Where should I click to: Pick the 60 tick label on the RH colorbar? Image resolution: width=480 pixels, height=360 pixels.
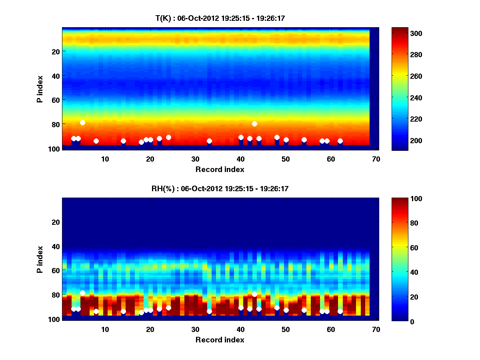click(411, 248)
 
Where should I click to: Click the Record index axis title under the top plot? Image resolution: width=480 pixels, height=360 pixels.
click(220, 170)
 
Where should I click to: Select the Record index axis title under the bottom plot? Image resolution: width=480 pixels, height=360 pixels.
click(220, 340)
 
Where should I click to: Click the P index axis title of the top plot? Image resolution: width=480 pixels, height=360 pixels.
click(40, 88)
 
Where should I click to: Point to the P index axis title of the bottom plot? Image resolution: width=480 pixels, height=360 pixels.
click(40, 259)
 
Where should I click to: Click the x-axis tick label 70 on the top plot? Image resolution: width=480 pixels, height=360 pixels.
click(376, 159)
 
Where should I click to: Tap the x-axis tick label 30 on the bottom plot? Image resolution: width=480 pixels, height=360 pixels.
click(195, 329)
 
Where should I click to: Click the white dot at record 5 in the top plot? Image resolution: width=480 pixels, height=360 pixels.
click(82, 122)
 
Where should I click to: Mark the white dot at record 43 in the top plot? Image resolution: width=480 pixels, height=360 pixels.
click(254, 124)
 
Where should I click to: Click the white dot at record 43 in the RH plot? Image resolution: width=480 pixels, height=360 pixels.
click(254, 294)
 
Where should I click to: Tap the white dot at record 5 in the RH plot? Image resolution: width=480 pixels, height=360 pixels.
click(82, 293)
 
